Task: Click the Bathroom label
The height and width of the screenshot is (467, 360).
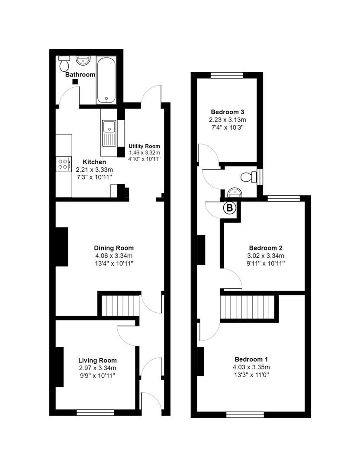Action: point(80,74)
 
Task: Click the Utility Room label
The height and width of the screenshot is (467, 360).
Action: point(144,146)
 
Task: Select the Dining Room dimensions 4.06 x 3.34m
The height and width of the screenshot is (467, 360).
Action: point(114,256)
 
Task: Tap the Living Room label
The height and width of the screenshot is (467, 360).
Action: point(97,360)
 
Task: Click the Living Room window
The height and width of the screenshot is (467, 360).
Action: point(95,413)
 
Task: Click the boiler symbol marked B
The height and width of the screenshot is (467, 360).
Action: point(230,208)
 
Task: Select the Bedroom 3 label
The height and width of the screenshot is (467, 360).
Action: point(227,110)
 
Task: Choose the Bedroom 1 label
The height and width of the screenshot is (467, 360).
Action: point(251,359)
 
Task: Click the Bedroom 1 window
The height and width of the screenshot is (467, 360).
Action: point(245,415)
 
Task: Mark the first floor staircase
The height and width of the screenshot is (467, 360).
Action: point(248,307)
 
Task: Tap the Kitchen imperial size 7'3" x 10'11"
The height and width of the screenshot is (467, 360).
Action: point(94,177)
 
